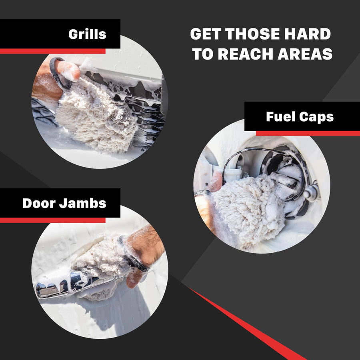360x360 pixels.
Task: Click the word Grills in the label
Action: pyautogui.click(x=87, y=34)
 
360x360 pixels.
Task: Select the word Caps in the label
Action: pyautogui.click(x=316, y=117)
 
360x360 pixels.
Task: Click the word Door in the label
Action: pyautogui.click(x=39, y=204)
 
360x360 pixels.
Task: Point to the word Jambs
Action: pyautogui.click(x=83, y=204)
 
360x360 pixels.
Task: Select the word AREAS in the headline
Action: pyautogui.click(x=305, y=54)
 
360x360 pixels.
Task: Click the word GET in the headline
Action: pyautogui.click(x=206, y=34)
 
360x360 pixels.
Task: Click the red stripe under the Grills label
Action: pyautogui.click(x=52, y=51)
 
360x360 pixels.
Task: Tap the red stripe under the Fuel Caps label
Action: pyautogui.click(x=308, y=134)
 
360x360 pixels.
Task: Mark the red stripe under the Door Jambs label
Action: pyautogui.click(x=52, y=220)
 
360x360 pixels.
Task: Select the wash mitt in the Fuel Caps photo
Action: pyautogui.click(x=248, y=209)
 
